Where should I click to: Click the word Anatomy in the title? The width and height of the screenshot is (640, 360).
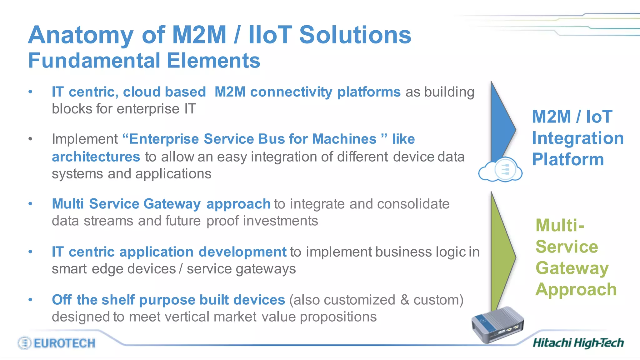tap(81, 35)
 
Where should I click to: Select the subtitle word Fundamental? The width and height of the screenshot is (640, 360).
tap(93, 60)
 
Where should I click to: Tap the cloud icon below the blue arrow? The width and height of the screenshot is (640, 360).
tap(500, 170)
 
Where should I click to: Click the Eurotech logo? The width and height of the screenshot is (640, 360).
tap(57, 343)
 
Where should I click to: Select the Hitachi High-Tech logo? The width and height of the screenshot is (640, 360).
tap(578, 343)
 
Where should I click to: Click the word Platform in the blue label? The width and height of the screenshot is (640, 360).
tap(568, 159)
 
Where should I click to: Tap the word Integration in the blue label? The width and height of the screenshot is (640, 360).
tap(577, 138)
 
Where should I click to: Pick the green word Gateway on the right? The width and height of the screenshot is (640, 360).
tap(572, 268)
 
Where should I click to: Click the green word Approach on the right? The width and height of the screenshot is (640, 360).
tap(576, 289)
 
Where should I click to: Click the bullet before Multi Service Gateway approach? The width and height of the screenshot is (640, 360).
tap(30, 204)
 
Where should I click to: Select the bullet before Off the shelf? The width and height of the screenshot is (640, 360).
tap(30, 300)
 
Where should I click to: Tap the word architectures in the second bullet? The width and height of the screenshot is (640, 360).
tap(96, 157)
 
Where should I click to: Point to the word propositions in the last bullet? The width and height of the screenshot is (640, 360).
tap(338, 317)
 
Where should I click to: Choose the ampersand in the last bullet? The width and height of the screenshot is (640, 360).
tap(405, 300)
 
